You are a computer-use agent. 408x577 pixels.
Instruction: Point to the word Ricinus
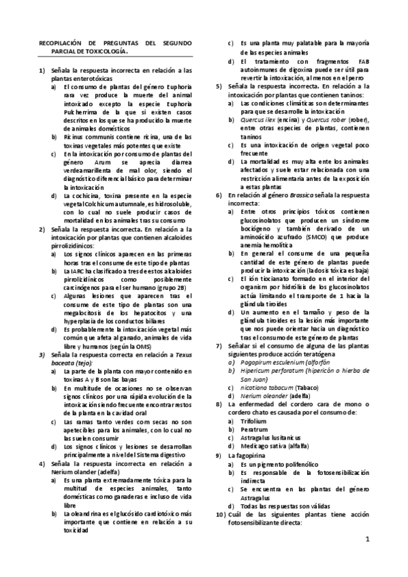(74, 137)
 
